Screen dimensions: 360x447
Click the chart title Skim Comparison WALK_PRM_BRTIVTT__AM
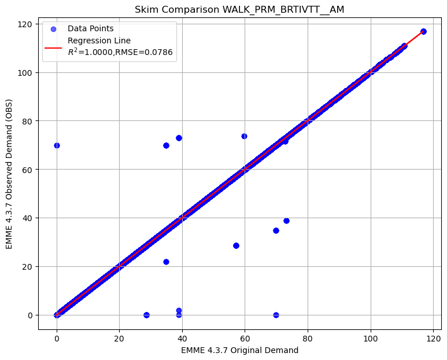coord(239,10)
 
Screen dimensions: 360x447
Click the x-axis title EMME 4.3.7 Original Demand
coord(239,350)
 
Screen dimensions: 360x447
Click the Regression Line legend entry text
coord(99,41)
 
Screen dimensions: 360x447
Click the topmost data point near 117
coord(423,31)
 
